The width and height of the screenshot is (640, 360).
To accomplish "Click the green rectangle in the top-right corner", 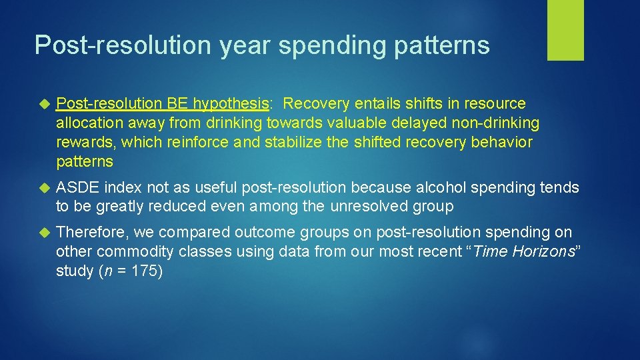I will (x=565, y=30).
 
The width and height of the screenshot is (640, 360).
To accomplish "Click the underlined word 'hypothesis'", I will (x=231, y=104).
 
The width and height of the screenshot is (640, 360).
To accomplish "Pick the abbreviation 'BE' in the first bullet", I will (x=179, y=104).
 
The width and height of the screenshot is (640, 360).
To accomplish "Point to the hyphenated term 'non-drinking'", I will (x=499, y=123).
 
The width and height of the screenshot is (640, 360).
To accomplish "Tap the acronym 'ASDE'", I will (x=78, y=188).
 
